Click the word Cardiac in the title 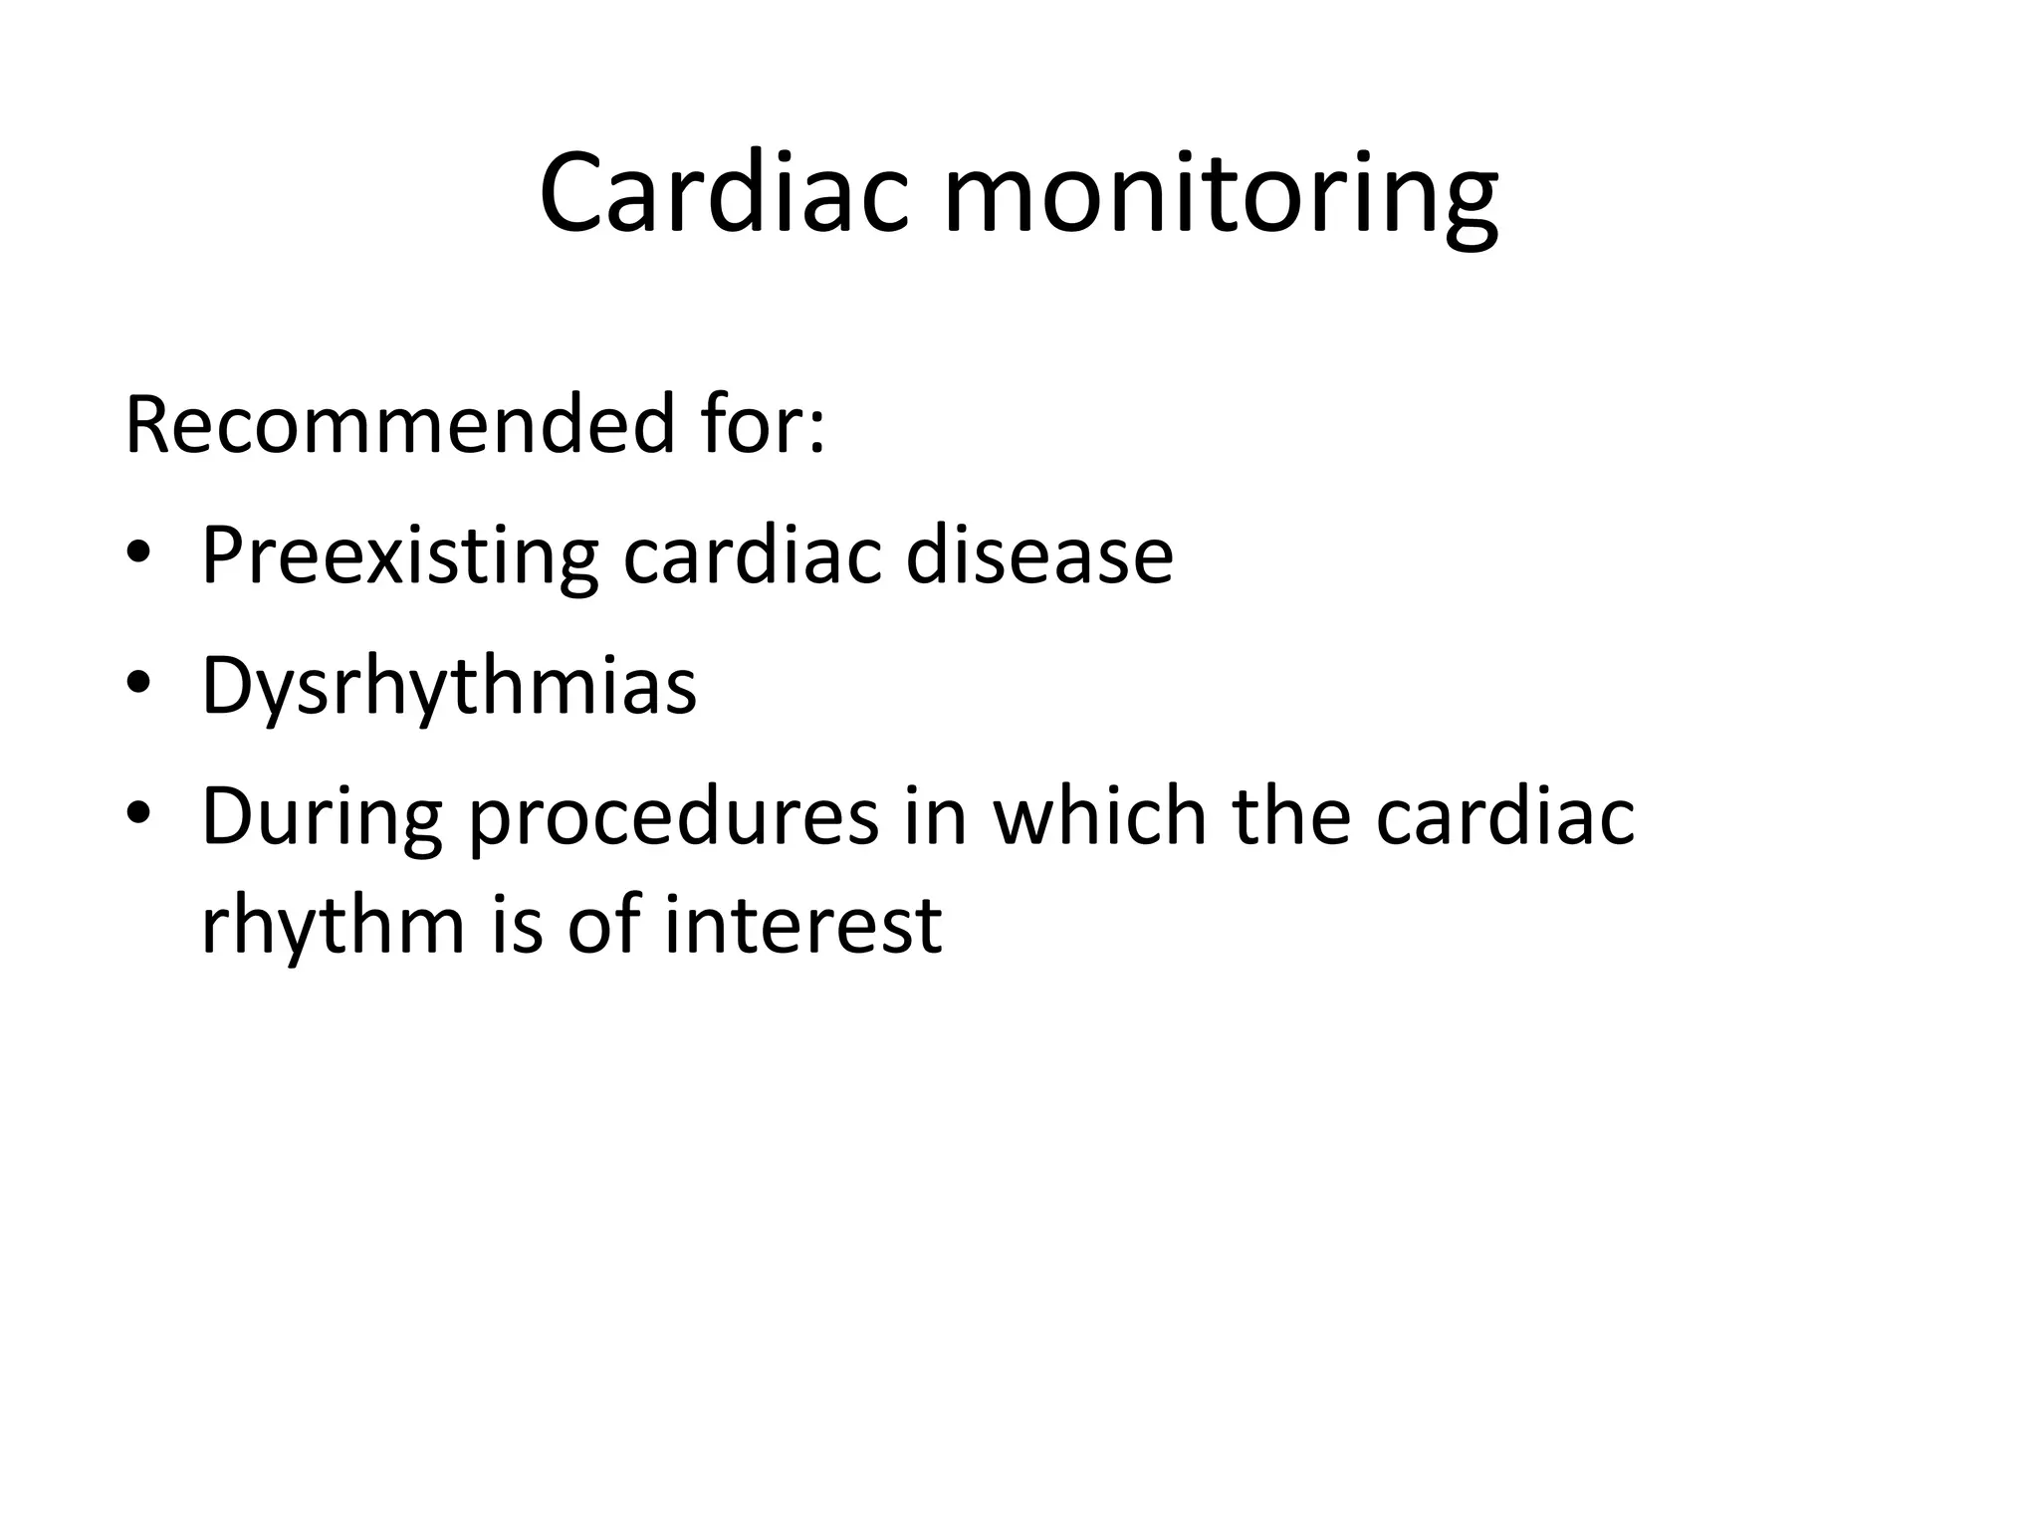pyautogui.click(x=724, y=194)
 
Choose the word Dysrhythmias pyautogui.click(x=449, y=687)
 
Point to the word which pyautogui.click(x=1098, y=816)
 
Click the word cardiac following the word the pyautogui.click(x=1505, y=816)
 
